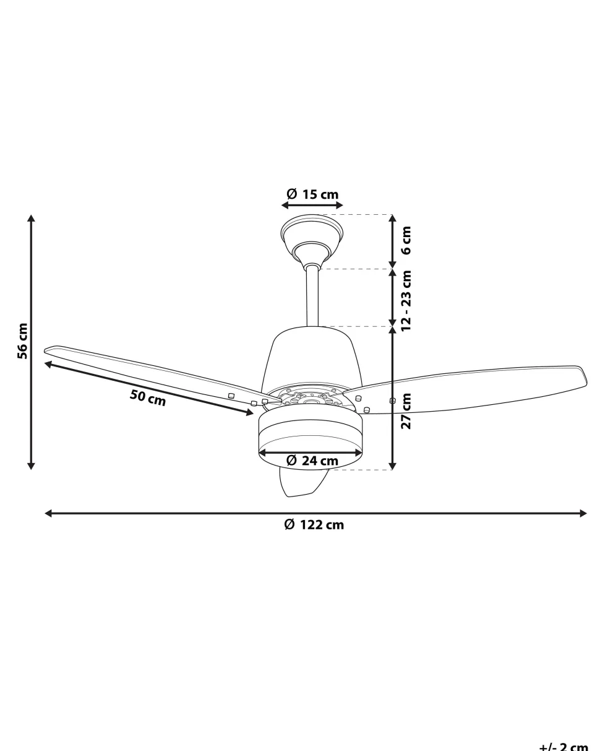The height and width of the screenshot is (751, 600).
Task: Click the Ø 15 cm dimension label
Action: [x=312, y=194]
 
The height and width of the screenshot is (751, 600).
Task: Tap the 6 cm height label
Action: [x=406, y=240]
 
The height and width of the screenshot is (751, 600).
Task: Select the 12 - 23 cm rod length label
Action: [x=406, y=300]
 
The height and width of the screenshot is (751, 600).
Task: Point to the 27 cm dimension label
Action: [x=406, y=410]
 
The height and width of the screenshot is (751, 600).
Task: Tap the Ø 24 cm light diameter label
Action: [x=312, y=461]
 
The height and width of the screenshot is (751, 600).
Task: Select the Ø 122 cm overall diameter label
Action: [x=314, y=525]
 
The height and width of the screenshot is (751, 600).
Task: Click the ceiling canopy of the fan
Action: [x=312, y=235]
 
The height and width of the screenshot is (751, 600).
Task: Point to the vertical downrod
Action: [x=312, y=297]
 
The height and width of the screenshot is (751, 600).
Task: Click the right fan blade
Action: [x=470, y=388]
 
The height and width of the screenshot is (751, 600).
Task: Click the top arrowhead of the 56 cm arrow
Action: [x=32, y=219]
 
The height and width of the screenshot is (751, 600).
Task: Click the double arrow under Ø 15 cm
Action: [x=312, y=205]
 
